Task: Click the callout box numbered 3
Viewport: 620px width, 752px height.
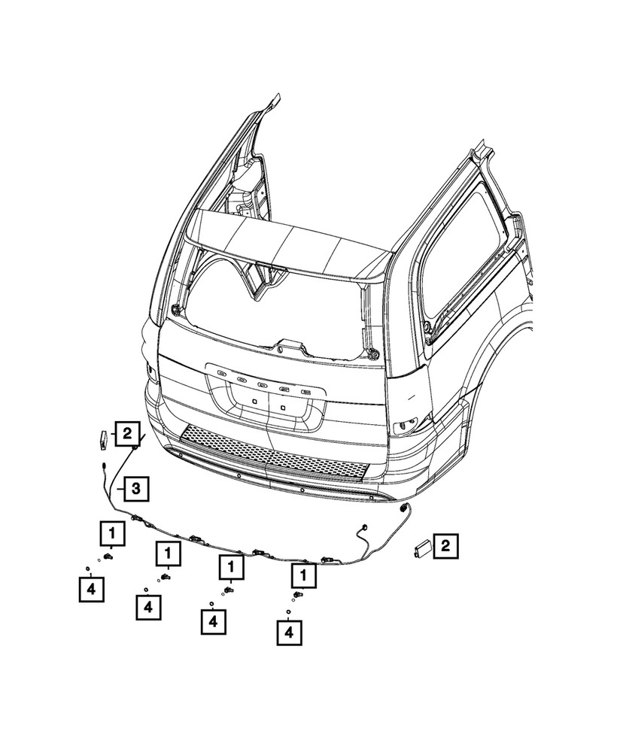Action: click(x=135, y=490)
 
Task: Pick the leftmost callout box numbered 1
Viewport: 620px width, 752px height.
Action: click(x=112, y=534)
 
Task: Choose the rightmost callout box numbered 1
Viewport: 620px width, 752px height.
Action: click(x=304, y=577)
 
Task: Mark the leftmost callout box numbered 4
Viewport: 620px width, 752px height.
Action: click(x=91, y=589)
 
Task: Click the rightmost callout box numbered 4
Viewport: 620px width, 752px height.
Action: click(x=288, y=634)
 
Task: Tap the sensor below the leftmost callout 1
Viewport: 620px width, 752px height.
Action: click(x=108, y=556)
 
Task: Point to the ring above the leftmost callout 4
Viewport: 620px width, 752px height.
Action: click(x=88, y=568)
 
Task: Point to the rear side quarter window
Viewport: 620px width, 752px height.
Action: click(x=463, y=263)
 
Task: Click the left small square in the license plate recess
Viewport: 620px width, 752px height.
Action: click(x=255, y=402)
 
